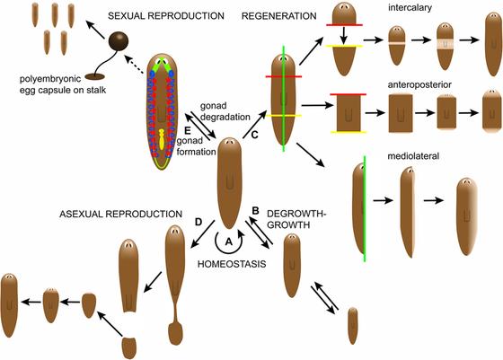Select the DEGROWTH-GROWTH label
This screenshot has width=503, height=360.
pyautogui.click(x=294, y=221)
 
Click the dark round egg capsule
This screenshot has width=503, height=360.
pyautogui.click(x=119, y=41)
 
